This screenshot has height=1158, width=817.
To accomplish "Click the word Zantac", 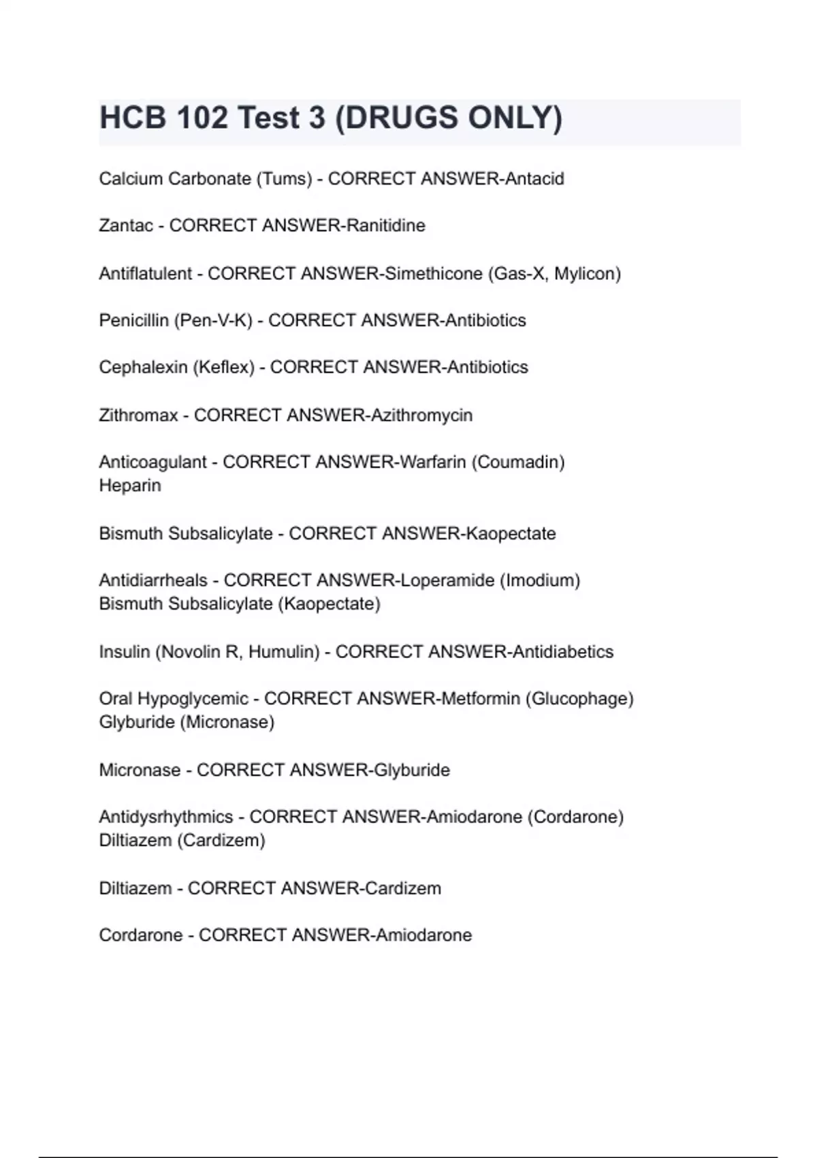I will [126, 225].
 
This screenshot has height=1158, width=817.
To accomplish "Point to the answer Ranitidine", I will [386, 225].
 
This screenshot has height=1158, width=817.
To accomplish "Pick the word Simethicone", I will [434, 274].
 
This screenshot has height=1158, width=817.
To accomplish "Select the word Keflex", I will [223, 367].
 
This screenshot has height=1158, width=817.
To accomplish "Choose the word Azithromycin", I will [421, 416].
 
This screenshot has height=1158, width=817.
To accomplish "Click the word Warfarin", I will [433, 463].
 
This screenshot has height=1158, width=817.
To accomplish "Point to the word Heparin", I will [130, 486].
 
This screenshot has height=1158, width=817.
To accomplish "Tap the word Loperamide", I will [447, 580].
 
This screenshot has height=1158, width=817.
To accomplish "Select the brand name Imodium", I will [539, 580].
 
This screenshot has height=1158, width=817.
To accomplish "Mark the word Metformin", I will [481, 699].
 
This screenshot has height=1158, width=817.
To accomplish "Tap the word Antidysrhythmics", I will [166, 817].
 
